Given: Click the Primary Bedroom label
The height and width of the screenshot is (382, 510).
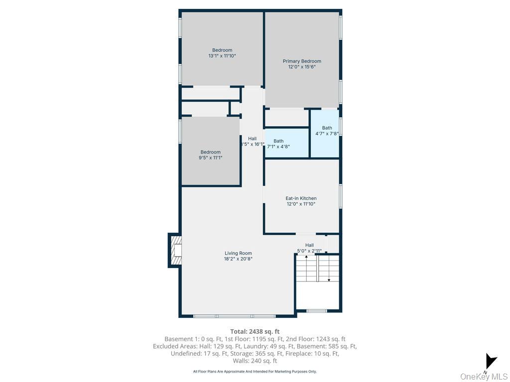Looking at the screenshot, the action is pyautogui.click(x=302, y=61).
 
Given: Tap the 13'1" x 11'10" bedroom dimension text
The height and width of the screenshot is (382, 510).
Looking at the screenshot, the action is pyautogui.click(x=222, y=56).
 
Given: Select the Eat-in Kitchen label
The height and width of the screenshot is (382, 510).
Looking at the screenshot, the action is pyautogui.click(x=301, y=198).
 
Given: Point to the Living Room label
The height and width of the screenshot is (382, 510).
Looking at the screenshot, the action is pyautogui.click(x=238, y=253).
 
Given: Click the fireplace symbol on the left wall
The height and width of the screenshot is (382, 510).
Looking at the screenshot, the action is pyautogui.click(x=175, y=250).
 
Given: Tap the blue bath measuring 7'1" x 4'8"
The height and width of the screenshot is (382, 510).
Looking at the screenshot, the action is pyautogui.click(x=286, y=143).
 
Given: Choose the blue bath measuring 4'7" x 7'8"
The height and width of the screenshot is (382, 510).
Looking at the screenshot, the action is pyautogui.click(x=325, y=133).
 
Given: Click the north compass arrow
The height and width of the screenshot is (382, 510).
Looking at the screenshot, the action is pyautogui.click(x=491, y=362).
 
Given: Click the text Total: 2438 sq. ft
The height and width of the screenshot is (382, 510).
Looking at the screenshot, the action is pyautogui.click(x=255, y=332).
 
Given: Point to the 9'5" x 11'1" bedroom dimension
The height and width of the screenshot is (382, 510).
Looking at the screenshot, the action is pyautogui.click(x=211, y=158).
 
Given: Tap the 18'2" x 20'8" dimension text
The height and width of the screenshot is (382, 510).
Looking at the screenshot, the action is pyautogui.click(x=238, y=259).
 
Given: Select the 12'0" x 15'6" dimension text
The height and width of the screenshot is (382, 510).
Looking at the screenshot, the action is pyautogui.click(x=302, y=67).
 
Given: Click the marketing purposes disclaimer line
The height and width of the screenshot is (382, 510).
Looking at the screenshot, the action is pyautogui.click(x=255, y=371).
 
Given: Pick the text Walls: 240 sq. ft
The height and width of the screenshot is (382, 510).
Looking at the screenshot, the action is pyautogui.click(x=255, y=361).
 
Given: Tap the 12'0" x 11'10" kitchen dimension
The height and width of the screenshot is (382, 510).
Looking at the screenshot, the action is pyautogui.click(x=301, y=204).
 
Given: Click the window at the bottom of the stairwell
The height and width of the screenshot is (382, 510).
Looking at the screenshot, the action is pyautogui.click(x=317, y=311).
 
